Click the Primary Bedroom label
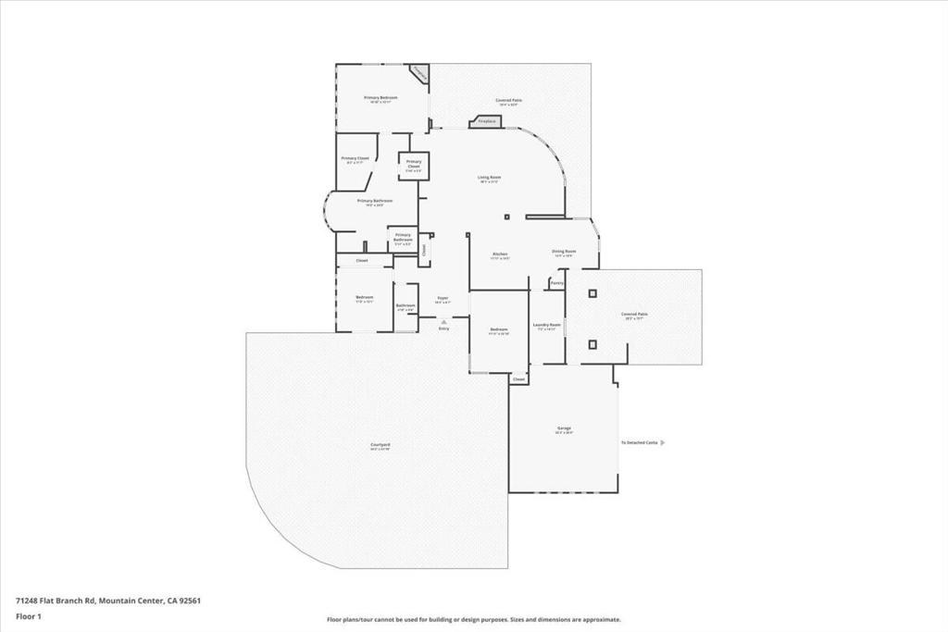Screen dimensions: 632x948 coord(380,97)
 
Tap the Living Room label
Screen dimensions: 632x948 coord(489,177)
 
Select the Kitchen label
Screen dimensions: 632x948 coord(500,254)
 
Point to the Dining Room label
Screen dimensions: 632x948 coord(564,251)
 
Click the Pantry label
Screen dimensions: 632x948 coord(556,282)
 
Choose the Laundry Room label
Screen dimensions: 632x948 coord(547,325)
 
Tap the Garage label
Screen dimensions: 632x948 coord(564,428)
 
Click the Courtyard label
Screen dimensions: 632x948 coord(380,445)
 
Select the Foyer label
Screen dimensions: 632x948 coord(443,298)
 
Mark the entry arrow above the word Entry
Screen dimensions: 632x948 coord(443,321)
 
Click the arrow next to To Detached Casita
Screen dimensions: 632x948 coord(662,442)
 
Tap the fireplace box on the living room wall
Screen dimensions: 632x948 coord(487,121)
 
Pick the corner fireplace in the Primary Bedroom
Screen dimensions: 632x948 coord(419,73)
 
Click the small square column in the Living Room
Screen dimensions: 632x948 coord(506,217)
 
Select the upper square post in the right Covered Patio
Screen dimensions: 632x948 coord(592,293)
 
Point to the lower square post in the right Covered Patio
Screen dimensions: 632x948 coord(592,344)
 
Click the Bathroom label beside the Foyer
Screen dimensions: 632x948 coord(405,305)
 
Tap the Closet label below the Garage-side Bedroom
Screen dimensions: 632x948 coord(518,379)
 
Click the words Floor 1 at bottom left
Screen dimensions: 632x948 coord(28,614)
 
